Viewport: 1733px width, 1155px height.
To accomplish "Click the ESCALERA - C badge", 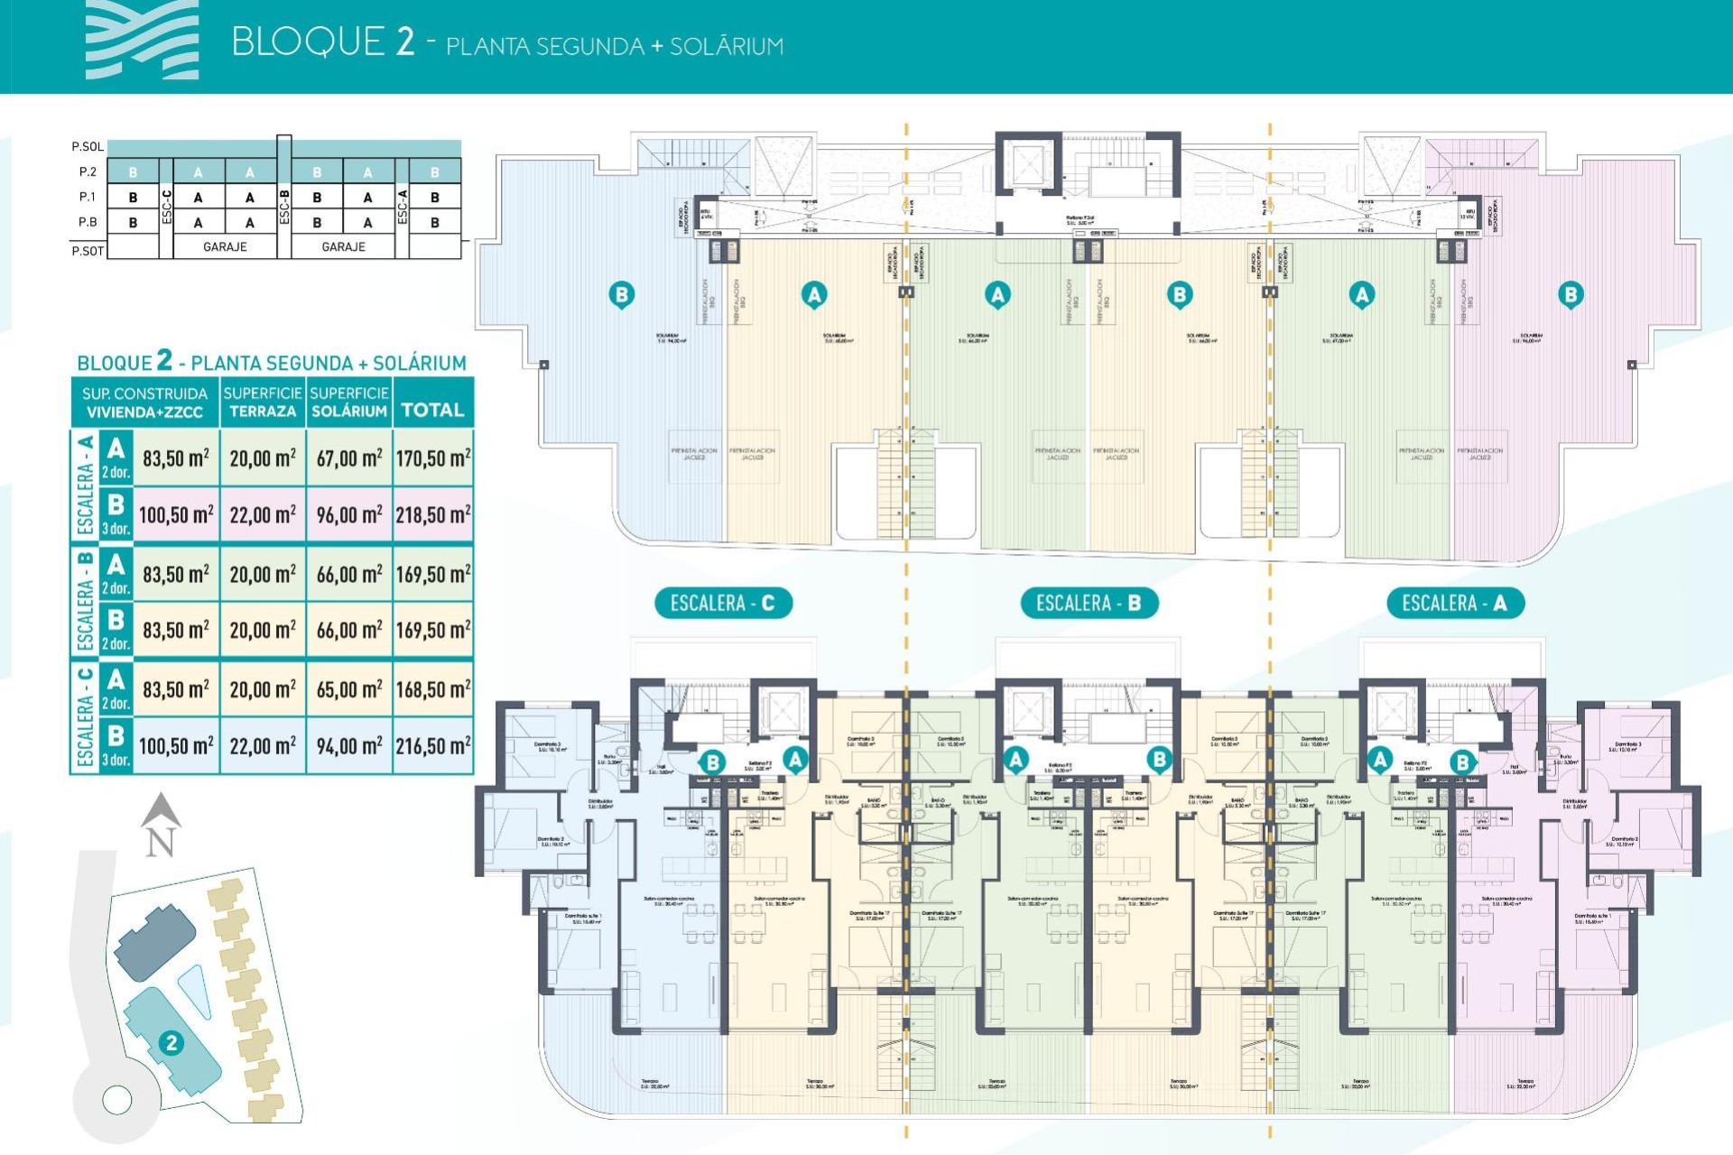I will click(x=723, y=603).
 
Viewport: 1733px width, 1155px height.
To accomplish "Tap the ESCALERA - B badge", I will click(x=1089, y=603).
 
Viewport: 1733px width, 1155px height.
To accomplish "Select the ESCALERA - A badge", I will click(x=1454, y=603).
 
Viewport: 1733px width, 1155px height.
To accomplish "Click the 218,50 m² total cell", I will click(x=433, y=515).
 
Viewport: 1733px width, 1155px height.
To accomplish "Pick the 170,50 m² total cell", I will click(x=433, y=458).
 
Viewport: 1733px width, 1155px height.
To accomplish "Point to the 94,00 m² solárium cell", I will click(x=349, y=746).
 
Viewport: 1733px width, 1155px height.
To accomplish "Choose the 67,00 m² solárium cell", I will click(x=349, y=458).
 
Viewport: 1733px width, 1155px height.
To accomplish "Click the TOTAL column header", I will click(x=432, y=411).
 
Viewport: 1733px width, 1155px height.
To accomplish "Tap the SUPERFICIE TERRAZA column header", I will click(x=263, y=402).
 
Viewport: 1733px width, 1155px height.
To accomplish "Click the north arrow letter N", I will click(x=160, y=842).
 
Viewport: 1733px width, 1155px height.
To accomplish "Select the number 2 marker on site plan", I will click(x=171, y=1043).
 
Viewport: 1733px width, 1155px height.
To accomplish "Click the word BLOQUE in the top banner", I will click(x=308, y=42).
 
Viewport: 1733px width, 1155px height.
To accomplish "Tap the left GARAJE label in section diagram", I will click(x=225, y=246).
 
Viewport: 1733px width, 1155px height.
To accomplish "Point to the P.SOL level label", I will click(x=88, y=146).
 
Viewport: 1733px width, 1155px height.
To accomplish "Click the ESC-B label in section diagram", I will click(x=284, y=207).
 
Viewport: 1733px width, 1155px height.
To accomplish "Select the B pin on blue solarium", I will click(x=621, y=294).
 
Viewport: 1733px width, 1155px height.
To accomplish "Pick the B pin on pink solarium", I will click(x=1571, y=294).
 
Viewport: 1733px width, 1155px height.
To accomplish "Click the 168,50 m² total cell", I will click(x=433, y=689).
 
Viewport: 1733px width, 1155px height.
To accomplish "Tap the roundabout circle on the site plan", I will click(x=117, y=1099).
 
